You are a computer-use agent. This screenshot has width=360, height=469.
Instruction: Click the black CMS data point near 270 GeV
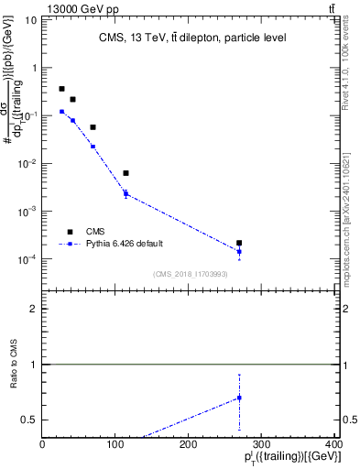(x=239, y=243)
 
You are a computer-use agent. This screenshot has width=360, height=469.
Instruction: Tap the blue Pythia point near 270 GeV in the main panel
(x=239, y=251)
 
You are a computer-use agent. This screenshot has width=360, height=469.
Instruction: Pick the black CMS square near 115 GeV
(x=125, y=173)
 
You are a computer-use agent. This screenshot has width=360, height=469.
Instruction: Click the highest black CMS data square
(x=61, y=89)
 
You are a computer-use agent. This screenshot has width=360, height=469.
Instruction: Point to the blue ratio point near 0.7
(x=239, y=398)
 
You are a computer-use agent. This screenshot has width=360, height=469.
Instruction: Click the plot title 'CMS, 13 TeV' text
(x=192, y=38)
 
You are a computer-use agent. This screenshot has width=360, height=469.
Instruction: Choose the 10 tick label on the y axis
(x=30, y=20)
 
